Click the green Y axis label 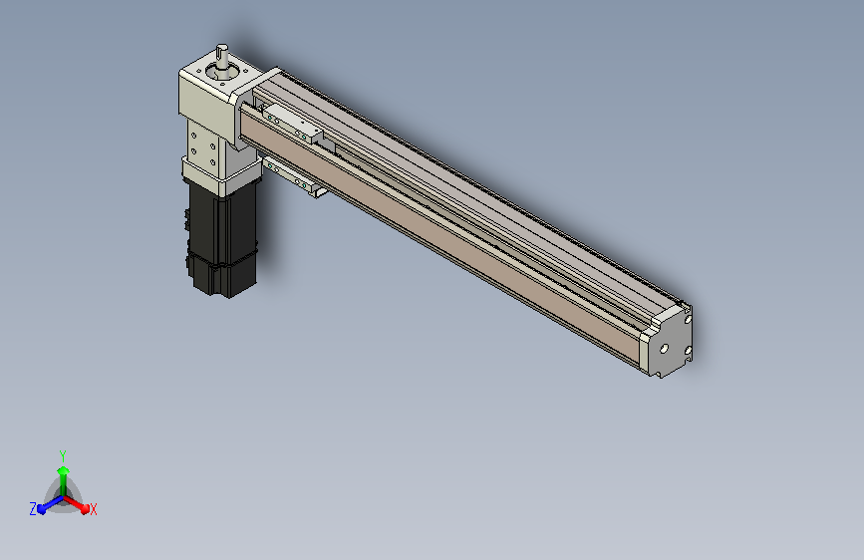tap(63, 456)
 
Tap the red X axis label tap(93, 509)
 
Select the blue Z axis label tap(33, 509)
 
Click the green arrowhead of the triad tap(63, 470)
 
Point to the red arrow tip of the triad tap(85, 508)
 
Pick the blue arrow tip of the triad tap(42, 509)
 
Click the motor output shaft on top tap(221, 57)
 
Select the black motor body tap(222, 240)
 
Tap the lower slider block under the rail tap(294, 177)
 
